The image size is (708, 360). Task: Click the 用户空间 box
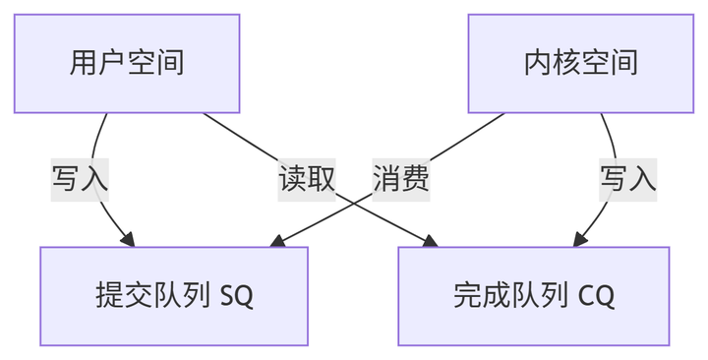click(x=127, y=63)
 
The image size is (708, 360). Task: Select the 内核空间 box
click(x=580, y=63)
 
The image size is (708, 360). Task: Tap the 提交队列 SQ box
click(x=174, y=295)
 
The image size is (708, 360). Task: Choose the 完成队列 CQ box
click(x=533, y=295)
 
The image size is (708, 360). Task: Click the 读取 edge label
click(x=307, y=179)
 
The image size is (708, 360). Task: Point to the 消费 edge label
click(x=400, y=179)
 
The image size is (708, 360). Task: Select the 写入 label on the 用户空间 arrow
click(x=80, y=179)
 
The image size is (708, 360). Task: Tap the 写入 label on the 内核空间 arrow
click(x=627, y=179)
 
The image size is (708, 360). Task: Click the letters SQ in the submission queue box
click(x=237, y=296)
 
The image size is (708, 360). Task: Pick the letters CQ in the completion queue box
click(x=597, y=296)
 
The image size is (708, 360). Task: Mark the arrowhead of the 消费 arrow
click(x=276, y=240)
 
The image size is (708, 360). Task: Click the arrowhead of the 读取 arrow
click(x=431, y=240)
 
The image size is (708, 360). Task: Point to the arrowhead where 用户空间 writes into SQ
click(x=127, y=238)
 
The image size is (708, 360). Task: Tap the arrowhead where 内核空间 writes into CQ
click(x=581, y=238)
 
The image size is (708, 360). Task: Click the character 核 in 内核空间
click(x=566, y=63)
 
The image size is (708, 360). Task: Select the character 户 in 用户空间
click(x=112, y=63)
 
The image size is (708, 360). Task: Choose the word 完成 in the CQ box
click(x=483, y=295)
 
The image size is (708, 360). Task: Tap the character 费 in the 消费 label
click(x=414, y=179)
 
